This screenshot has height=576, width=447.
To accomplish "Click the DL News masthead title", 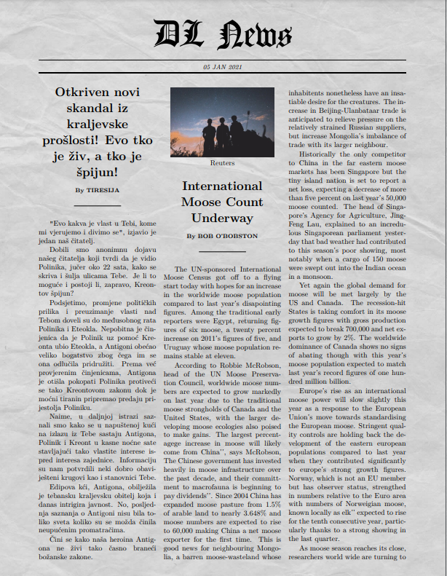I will [x=223, y=34].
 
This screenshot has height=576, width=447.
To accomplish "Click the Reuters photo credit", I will [x=222, y=163].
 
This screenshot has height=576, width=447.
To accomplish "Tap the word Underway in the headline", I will [x=222, y=218].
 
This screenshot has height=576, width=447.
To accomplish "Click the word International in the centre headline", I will [x=222, y=186].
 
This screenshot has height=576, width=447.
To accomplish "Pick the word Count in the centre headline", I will [x=245, y=202].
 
